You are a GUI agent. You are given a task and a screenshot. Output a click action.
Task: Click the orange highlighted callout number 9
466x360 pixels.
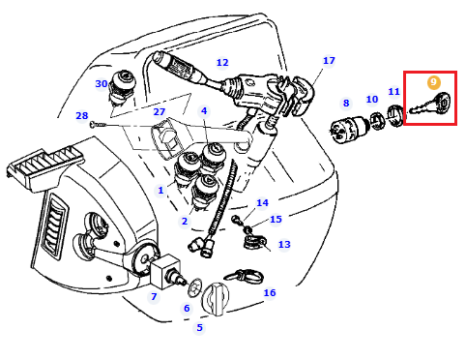[433, 82]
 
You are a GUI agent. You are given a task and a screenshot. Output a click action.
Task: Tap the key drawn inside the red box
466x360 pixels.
[431, 104]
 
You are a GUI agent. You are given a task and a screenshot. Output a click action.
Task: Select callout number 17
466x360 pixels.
[329, 60]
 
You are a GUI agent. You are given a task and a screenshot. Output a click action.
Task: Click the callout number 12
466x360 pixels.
[222, 62]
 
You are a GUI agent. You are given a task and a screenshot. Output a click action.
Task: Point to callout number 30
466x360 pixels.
[102, 83]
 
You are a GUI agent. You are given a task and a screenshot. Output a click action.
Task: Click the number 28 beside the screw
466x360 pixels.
[81, 115]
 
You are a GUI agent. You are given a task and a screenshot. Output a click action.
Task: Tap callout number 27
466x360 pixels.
[160, 111]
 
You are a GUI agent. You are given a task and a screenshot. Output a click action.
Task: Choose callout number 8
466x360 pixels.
[346, 103]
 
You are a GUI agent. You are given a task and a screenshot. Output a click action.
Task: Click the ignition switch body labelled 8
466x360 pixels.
[348, 130]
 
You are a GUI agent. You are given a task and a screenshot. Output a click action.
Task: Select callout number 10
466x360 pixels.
[372, 99]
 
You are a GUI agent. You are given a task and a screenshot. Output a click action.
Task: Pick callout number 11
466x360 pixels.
[393, 91]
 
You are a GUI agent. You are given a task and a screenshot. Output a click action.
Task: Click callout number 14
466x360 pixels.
[262, 202]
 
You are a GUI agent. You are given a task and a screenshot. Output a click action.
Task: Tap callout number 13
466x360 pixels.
[284, 244]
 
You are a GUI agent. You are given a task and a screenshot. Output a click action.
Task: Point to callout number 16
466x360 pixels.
[270, 292]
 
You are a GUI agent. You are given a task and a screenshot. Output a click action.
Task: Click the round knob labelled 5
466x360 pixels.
[215, 299]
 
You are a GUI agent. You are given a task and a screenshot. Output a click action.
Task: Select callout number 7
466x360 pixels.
[154, 296]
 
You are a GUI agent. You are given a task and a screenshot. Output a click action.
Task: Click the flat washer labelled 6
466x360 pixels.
[194, 287]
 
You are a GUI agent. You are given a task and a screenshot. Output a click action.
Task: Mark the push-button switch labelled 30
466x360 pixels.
[122, 86]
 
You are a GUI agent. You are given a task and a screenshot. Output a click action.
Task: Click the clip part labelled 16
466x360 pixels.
[245, 277]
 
